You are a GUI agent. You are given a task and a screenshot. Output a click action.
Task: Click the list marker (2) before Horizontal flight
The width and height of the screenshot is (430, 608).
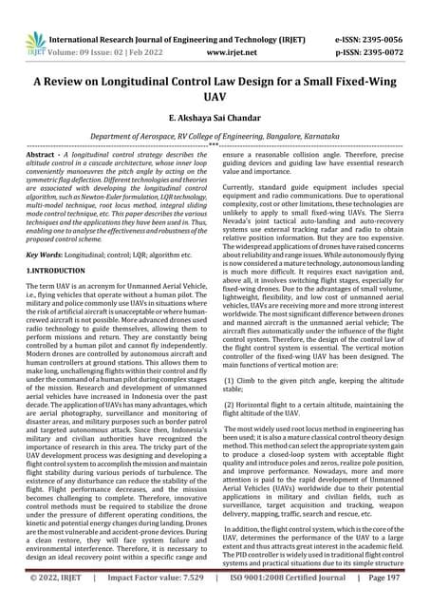point(231,404)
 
